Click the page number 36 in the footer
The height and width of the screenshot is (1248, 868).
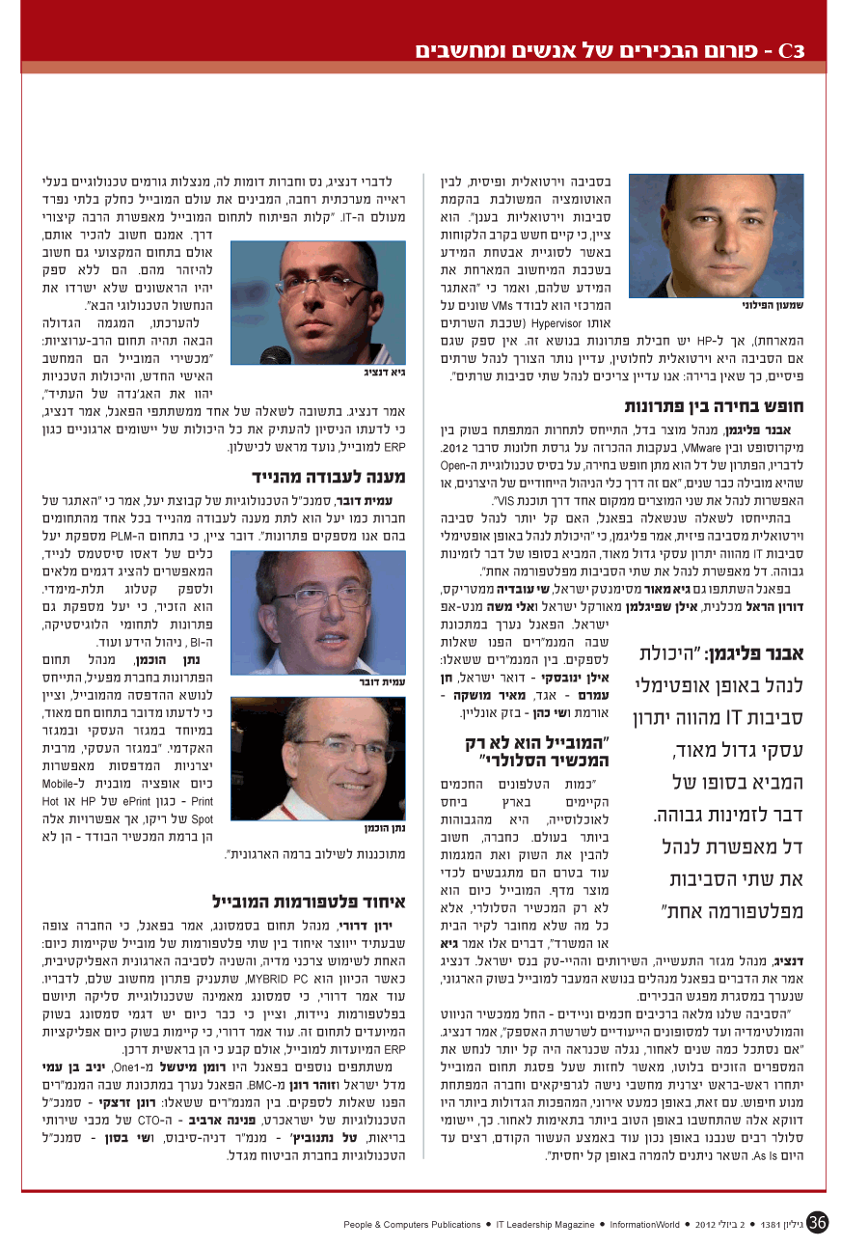819,1223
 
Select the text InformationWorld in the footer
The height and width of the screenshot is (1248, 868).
648,1224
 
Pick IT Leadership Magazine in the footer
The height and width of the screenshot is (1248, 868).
544,1224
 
